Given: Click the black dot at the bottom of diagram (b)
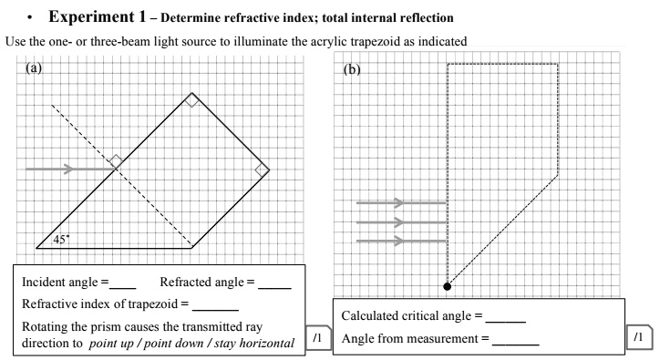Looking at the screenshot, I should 447,286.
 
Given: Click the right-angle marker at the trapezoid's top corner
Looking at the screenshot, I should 191,100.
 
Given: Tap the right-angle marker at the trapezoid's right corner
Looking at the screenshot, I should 262,170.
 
